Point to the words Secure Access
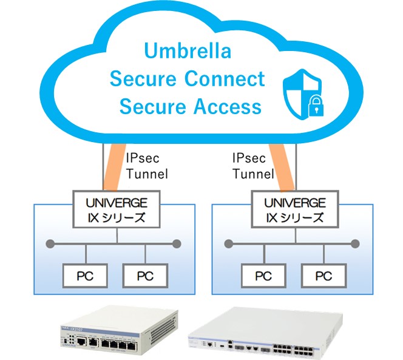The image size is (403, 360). [191, 107]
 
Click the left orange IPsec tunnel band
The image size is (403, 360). [113, 167]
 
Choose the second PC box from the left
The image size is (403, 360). [144, 276]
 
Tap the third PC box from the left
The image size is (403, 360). [263, 276]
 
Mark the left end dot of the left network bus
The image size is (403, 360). [48, 244]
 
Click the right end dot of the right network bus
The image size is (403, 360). [356, 244]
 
